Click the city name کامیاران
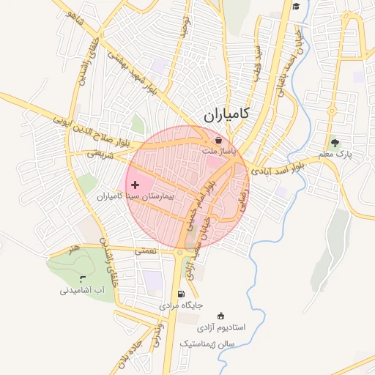pyautogui.click(x=224, y=114)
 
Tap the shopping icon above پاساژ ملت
pyautogui.click(x=218, y=140)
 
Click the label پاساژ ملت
pyautogui.click(x=221, y=151)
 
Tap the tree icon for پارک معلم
pyautogui.click(x=335, y=143)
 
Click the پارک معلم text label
pyautogui.click(x=335, y=155)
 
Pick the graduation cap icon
pyautogui.click(x=296, y=7)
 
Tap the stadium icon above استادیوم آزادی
pyautogui.click(x=222, y=315)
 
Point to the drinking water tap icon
pyautogui.click(x=81, y=278)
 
